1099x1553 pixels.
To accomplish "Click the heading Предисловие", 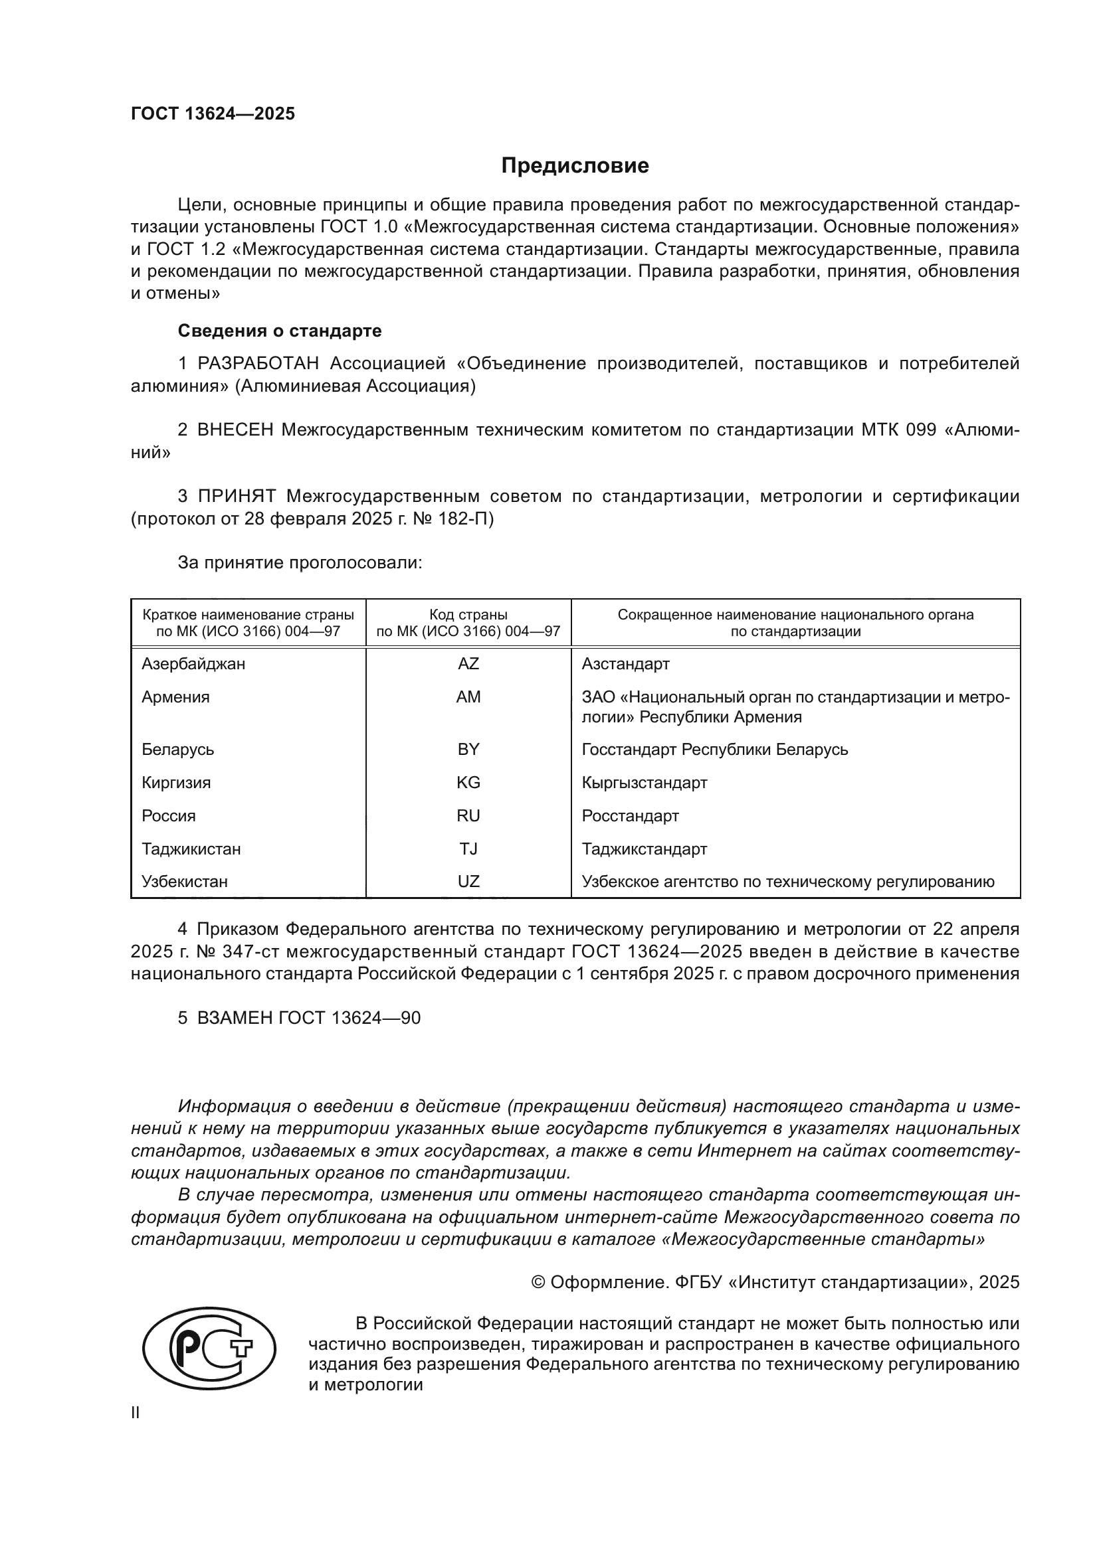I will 575,166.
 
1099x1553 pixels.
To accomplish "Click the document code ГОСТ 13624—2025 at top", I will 213,114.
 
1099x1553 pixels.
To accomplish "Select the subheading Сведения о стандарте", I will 280,331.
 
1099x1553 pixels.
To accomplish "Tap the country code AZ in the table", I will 468,663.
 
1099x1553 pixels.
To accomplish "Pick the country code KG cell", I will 468,783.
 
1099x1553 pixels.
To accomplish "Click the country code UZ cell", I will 468,881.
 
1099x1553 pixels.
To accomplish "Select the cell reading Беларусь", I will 177,750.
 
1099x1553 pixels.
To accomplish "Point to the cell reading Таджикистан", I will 191,849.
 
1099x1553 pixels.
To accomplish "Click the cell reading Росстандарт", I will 630,816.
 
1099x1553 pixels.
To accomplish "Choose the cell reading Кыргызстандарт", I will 645,783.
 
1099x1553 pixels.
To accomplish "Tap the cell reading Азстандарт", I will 625,663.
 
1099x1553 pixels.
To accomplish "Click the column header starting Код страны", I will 468,623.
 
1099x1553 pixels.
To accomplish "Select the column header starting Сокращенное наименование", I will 795,623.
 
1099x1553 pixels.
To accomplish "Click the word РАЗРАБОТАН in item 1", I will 258,364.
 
